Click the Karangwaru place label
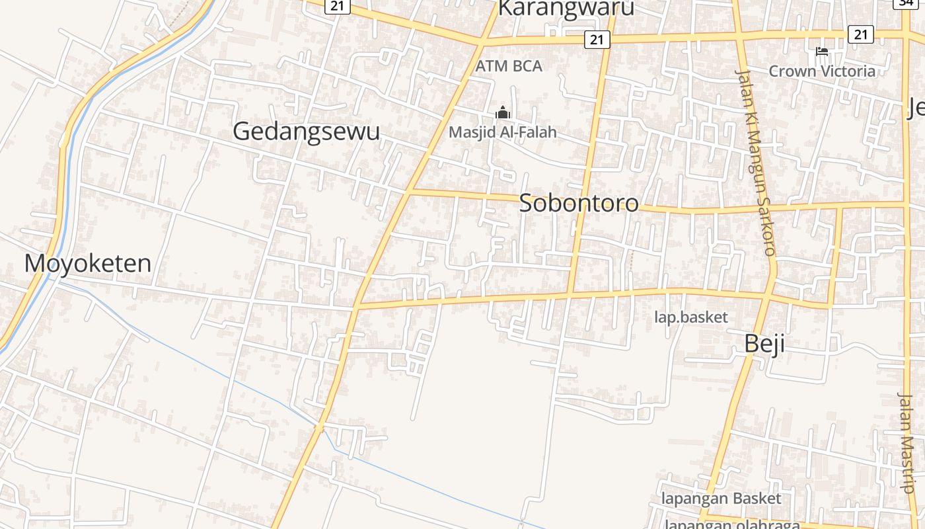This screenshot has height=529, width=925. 566,8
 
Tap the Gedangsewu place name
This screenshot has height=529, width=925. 306,131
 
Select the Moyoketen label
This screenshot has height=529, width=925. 88,263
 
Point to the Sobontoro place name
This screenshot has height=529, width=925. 579,203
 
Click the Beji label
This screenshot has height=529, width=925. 764,344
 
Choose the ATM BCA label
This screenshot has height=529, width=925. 509,66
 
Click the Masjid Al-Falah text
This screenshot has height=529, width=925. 502,132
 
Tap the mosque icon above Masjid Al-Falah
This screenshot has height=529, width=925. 503,113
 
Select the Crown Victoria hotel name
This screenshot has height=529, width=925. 822,71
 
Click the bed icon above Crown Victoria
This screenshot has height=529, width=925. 822,52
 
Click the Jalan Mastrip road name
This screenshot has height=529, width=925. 906,443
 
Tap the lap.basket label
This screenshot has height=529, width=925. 690,317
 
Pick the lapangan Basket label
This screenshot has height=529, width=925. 721,499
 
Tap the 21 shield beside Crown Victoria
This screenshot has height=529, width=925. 860,34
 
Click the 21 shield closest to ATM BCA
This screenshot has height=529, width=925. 597,40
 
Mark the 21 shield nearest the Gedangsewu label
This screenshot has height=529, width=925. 338,5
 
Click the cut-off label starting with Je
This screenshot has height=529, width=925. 916,107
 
